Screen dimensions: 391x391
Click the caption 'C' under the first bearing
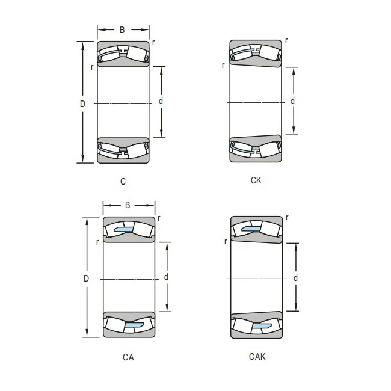123,182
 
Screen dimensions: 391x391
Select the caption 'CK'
256,180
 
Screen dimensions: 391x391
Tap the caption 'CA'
128,357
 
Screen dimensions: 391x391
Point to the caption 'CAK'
257,356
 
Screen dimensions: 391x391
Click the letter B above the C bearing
122,30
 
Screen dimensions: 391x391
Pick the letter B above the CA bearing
128,205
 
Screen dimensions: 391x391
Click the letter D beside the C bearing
82,103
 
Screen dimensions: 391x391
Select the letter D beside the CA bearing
86,279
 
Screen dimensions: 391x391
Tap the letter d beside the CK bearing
292,101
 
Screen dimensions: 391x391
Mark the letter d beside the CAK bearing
295,277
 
